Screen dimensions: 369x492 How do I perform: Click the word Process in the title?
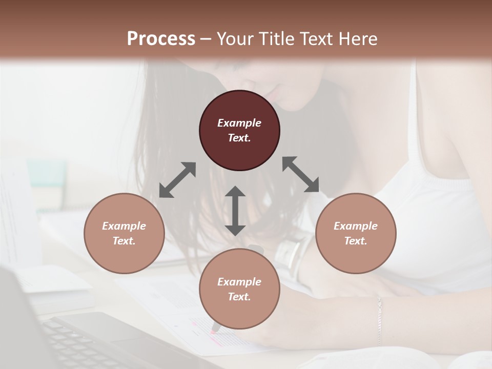[161, 39]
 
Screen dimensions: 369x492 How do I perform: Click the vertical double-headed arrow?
[235, 211]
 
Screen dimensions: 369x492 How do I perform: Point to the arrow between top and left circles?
[177, 180]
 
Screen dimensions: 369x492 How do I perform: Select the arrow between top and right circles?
[301, 174]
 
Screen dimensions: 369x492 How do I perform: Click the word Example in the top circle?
[239, 123]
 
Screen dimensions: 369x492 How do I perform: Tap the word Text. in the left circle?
[124, 241]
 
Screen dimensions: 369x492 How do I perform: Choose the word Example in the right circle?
[356, 226]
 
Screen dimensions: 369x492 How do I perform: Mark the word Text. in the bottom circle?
[239, 297]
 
